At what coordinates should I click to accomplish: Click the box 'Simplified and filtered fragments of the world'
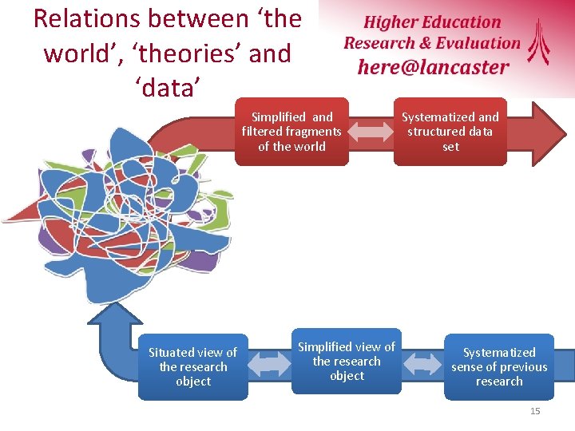click(291, 131)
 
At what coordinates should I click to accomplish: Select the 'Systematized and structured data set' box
click(450, 131)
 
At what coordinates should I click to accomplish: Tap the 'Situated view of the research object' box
click(192, 367)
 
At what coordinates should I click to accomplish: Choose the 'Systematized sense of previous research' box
click(499, 367)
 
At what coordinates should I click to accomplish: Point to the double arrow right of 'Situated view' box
click(270, 364)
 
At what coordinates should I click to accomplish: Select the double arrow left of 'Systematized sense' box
click(423, 364)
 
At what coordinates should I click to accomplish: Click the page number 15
click(535, 411)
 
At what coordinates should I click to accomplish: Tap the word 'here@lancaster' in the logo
click(433, 67)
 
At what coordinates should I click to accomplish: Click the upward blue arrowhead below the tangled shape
click(115, 315)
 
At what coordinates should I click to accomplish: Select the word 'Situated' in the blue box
click(172, 352)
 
